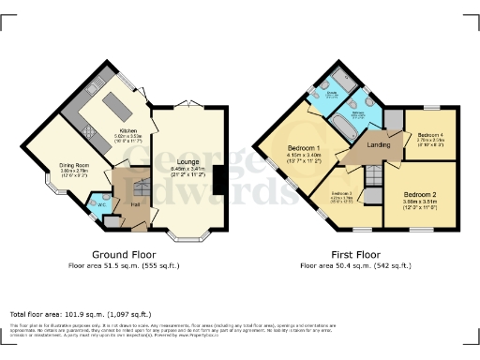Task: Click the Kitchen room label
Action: pos(127,130)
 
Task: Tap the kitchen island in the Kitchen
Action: pos(117,99)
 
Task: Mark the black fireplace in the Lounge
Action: pos(218,179)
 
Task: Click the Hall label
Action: pos(135,204)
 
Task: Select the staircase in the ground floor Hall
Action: pos(128,179)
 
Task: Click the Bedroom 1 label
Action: pos(304,148)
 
